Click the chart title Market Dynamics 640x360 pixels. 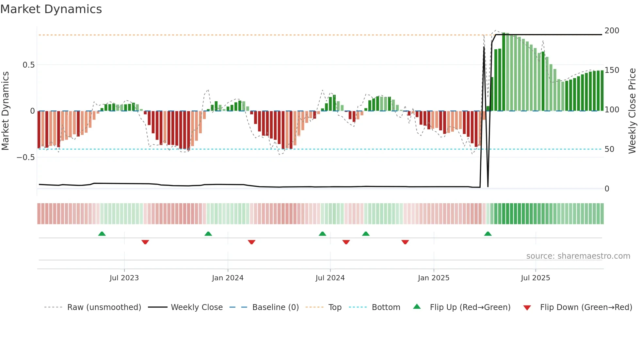(x=51, y=9)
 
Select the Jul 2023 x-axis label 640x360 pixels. (x=124, y=278)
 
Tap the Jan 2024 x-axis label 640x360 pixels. (x=228, y=278)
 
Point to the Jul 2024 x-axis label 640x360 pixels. (x=330, y=278)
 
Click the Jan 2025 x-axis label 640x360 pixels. (x=434, y=278)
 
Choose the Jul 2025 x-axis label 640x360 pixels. (x=536, y=278)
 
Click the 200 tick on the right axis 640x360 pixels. (x=612, y=31)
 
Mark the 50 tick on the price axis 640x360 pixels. (x=609, y=149)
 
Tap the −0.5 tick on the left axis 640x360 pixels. (x=25, y=157)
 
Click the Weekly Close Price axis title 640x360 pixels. (x=632, y=111)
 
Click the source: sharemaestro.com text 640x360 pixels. (x=578, y=256)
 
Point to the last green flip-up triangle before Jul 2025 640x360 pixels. (x=488, y=234)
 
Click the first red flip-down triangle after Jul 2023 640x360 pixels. (x=145, y=242)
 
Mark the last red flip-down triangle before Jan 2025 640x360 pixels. (x=405, y=242)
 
